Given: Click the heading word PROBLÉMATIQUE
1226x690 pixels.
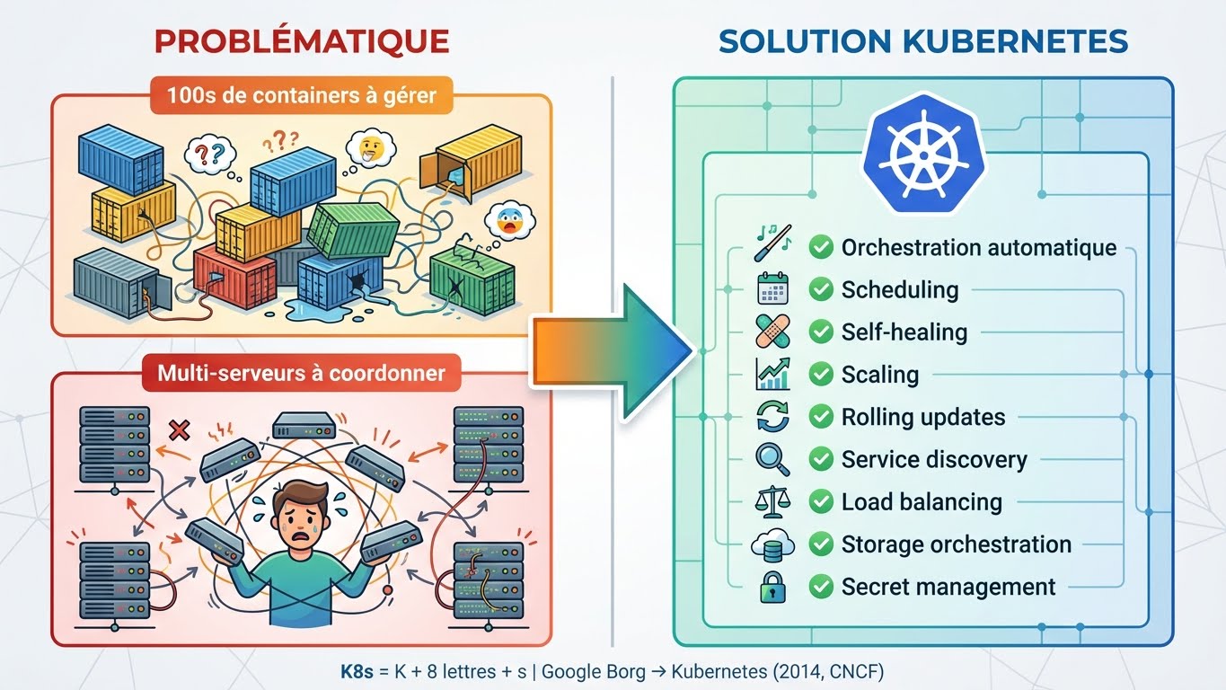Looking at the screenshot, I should [301, 41].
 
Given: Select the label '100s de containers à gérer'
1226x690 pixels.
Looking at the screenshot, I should [302, 94].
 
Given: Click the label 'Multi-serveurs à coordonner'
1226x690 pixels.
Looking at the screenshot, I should [301, 372].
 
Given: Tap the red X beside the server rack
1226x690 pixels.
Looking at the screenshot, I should [179, 429].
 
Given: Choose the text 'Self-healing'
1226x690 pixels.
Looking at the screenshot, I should [904, 332].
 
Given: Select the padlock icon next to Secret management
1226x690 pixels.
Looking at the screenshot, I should [772, 588].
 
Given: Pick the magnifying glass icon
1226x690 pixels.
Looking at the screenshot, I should [772, 459].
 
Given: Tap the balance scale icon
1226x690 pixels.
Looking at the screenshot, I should [772, 502].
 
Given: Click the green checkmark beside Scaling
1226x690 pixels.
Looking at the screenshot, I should [820, 375].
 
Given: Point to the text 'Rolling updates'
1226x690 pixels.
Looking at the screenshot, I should [922, 417].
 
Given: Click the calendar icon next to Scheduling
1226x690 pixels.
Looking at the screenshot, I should [772, 289].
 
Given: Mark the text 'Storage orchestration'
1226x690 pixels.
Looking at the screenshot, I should [956, 544].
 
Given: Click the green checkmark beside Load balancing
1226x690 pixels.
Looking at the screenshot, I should [820, 502].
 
